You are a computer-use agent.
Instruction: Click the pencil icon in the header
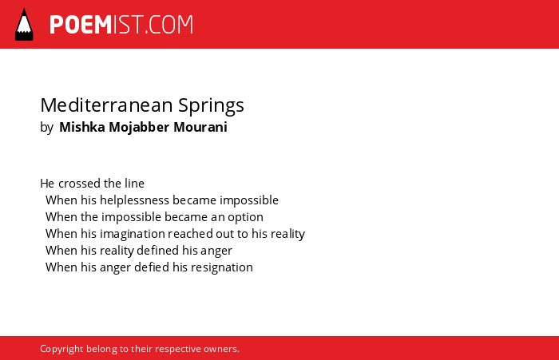[24, 24]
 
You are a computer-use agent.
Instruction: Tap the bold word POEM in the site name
[81, 25]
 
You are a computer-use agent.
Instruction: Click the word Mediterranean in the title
[106, 105]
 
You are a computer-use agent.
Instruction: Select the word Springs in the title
[211, 106]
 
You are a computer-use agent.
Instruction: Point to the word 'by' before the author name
[46, 127]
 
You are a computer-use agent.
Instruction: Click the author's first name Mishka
[82, 127]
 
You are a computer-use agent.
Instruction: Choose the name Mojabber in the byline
[139, 127]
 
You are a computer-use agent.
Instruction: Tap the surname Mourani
[200, 127]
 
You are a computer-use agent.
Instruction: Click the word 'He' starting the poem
[47, 184]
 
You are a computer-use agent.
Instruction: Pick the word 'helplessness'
[134, 200]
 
